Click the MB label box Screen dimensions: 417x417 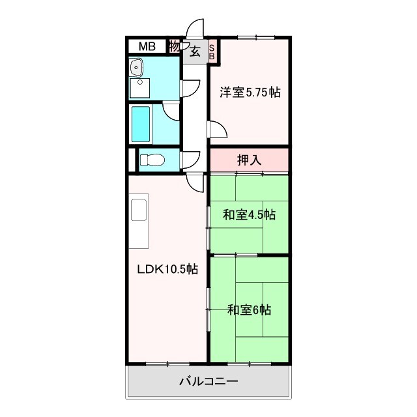tap(146, 46)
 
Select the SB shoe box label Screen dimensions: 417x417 tap(212, 51)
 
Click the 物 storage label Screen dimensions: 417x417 tap(174, 46)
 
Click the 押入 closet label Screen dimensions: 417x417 tap(249, 158)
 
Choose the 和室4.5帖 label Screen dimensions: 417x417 tap(249, 215)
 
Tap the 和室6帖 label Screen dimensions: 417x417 tap(249, 310)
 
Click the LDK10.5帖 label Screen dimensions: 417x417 tap(167, 269)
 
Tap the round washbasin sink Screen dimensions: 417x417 tap(137, 67)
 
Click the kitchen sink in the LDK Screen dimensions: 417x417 tap(139, 210)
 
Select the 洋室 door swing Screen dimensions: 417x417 tap(217, 130)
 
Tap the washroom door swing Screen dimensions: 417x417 tap(190, 88)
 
